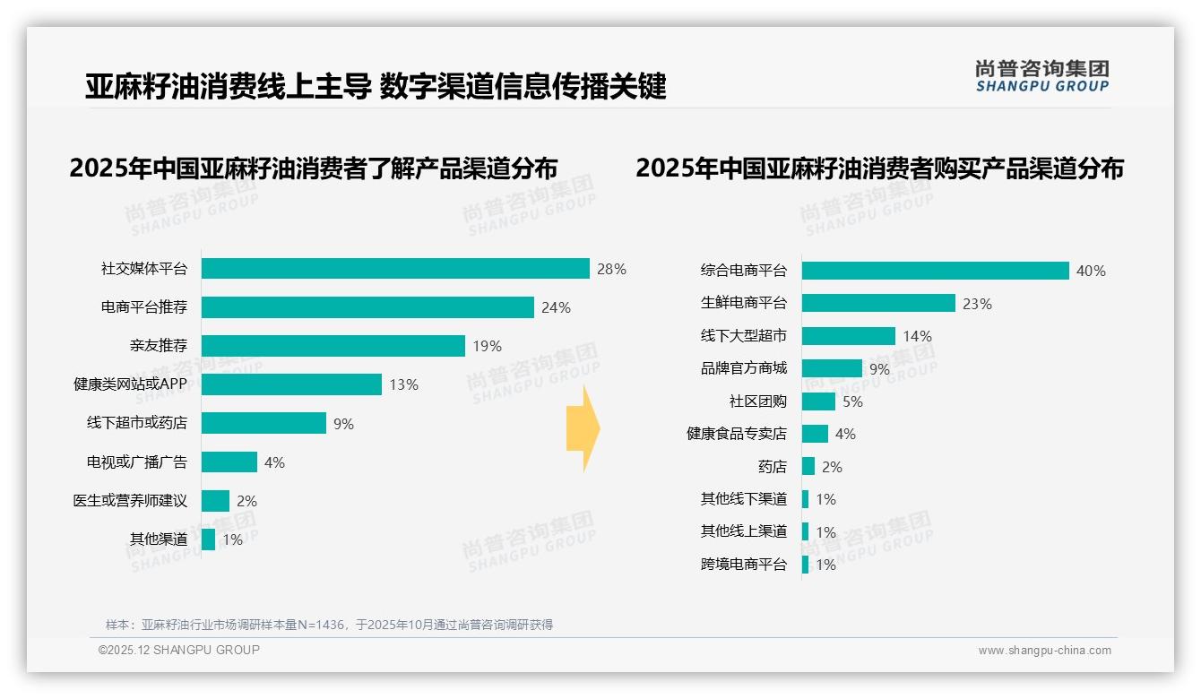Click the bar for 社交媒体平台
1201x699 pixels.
pyautogui.click(x=395, y=269)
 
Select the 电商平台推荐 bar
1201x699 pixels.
pyautogui.click(x=367, y=307)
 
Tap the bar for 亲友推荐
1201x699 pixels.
pyautogui.click(x=333, y=346)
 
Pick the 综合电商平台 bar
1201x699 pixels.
pyautogui.click(x=935, y=271)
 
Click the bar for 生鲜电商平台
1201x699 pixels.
pyautogui.click(x=878, y=303)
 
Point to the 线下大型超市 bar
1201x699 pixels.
pyautogui.click(x=848, y=336)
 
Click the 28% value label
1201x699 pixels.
pyautogui.click(x=611, y=269)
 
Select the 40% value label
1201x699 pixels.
pyautogui.click(x=1091, y=271)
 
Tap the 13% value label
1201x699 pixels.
pyautogui.click(x=403, y=384)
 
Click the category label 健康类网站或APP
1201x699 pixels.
pyautogui.click(x=130, y=384)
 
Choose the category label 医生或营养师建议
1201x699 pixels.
pyautogui.click(x=130, y=501)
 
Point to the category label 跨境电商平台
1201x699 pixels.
pyautogui.click(x=743, y=565)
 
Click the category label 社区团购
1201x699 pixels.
pyautogui.click(x=757, y=401)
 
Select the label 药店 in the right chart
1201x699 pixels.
pyautogui.click(x=772, y=467)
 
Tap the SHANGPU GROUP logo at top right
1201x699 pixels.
pyautogui.click(x=1041, y=76)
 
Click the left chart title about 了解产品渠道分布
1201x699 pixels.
pyautogui.click(x=314, y=168)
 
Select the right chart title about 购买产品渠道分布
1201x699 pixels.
pyautogui.click(x=879, y=168)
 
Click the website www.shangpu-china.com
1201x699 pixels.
pyautogui.click(x=1044, y=651)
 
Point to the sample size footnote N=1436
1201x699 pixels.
pyautogui.click(x=329, y=625)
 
